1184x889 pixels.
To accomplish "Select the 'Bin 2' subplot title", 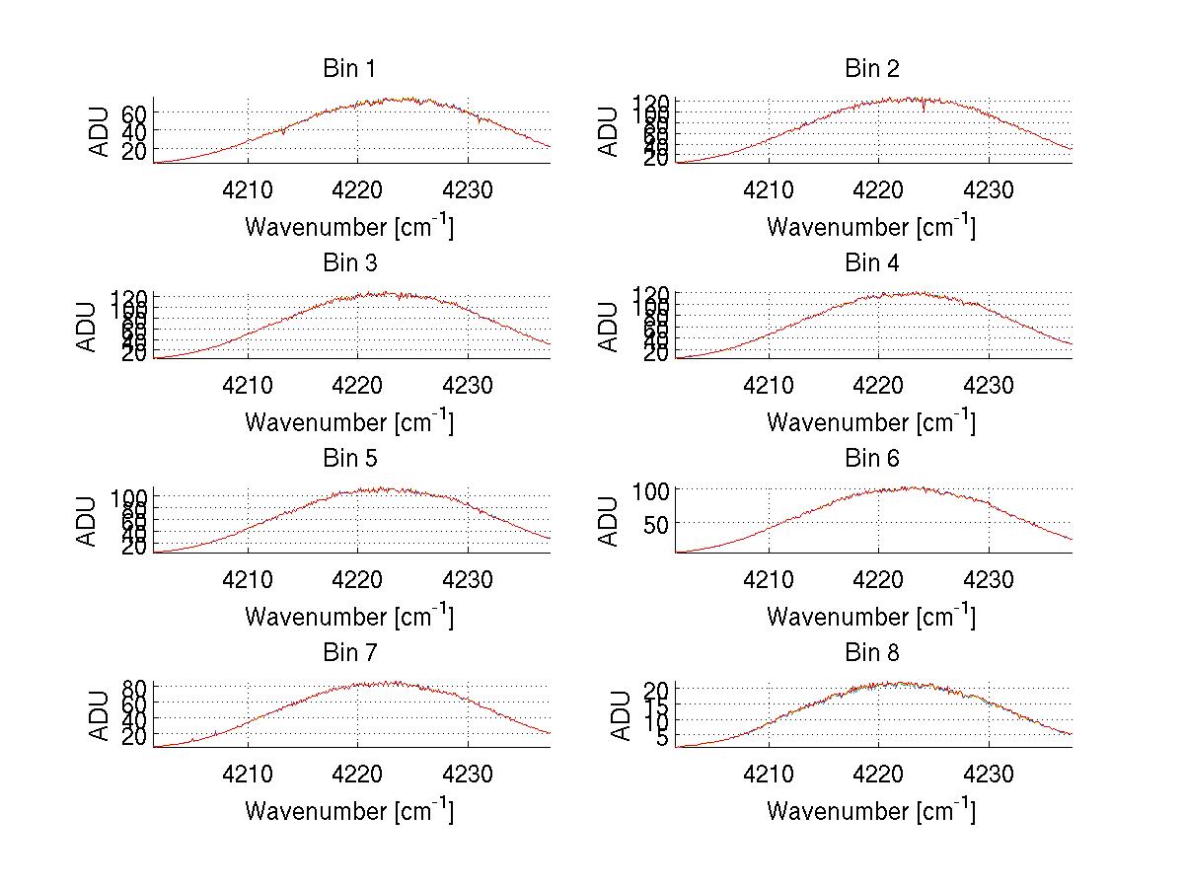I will (871, 68).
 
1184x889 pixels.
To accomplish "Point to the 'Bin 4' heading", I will (871, 262).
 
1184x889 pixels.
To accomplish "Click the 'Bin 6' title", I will (871, 458).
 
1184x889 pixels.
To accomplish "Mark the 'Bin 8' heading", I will (871, 652).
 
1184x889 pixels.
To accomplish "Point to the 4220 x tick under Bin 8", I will (879, 774).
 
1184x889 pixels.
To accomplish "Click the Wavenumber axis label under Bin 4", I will (871, 421).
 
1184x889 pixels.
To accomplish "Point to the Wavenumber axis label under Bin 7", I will (348, 810).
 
